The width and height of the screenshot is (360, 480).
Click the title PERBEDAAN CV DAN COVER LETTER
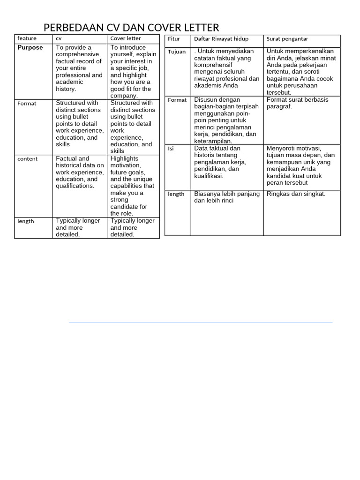click(131, 27)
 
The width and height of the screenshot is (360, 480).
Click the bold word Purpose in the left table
click(30, 47)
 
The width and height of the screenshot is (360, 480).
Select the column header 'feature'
click(27, 38)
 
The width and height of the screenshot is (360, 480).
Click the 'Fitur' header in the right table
click(174, 38)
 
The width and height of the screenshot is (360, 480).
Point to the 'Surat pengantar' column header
click(287, 38)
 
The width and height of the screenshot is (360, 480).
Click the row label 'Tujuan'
click(177, 52)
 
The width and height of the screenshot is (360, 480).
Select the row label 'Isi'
click(171, 149)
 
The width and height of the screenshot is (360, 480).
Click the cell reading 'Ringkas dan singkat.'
click(296, 194)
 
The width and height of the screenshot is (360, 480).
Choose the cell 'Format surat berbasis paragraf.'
click(297, 103)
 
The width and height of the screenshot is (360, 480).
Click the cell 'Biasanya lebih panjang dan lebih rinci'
click(227, 197)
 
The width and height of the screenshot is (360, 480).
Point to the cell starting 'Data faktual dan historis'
click(220, 162)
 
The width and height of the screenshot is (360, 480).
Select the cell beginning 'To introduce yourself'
click(133, 71)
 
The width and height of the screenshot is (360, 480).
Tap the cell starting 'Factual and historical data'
click(80, 172)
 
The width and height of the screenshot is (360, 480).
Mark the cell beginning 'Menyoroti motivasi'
click(300, 165)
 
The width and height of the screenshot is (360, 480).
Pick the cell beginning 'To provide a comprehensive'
click(79, 68)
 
